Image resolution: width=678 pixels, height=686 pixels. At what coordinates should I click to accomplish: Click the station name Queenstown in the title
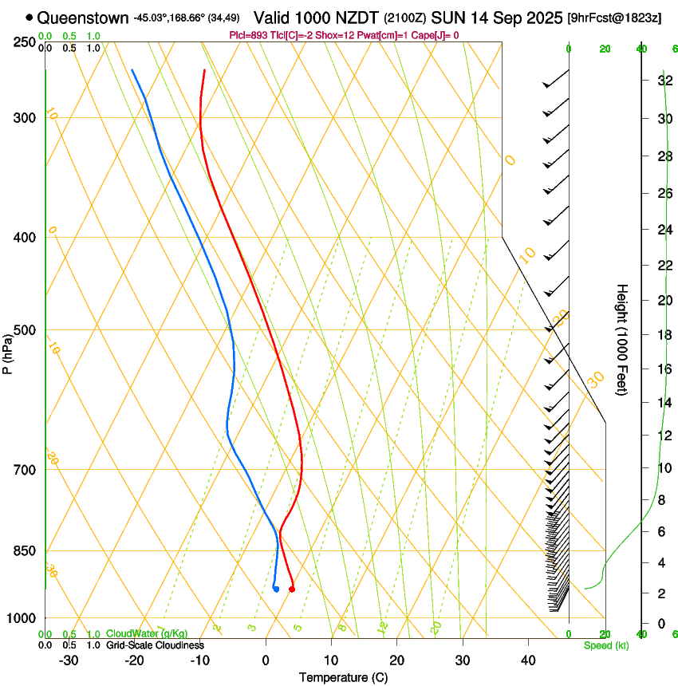click(x=83, y=18)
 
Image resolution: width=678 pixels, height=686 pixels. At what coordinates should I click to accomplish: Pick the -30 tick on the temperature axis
click(x=69, y=660)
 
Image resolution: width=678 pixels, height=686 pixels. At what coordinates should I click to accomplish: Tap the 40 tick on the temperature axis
click(x=528, y=660)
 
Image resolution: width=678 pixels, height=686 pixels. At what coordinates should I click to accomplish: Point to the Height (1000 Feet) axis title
click(x=622, y=340)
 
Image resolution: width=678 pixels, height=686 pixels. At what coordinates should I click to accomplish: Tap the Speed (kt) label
click(x=605, y=645)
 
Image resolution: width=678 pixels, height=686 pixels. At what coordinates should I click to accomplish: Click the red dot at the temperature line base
click(x=292, y=589)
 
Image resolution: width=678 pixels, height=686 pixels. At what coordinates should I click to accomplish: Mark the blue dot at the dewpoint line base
click(x=275, y=589)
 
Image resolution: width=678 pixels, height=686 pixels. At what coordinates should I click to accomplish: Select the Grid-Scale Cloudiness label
click(x=155, y=645)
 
